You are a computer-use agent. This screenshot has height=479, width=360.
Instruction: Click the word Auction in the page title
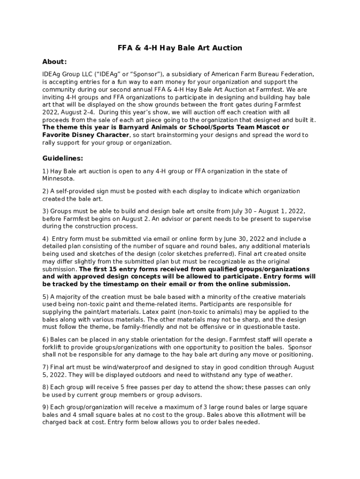[226, 48]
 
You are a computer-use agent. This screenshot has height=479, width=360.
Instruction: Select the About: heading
[55, 62]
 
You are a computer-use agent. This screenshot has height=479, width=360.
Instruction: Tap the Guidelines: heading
[63, 158]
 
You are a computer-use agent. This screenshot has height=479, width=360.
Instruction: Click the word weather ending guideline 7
[279, 375]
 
